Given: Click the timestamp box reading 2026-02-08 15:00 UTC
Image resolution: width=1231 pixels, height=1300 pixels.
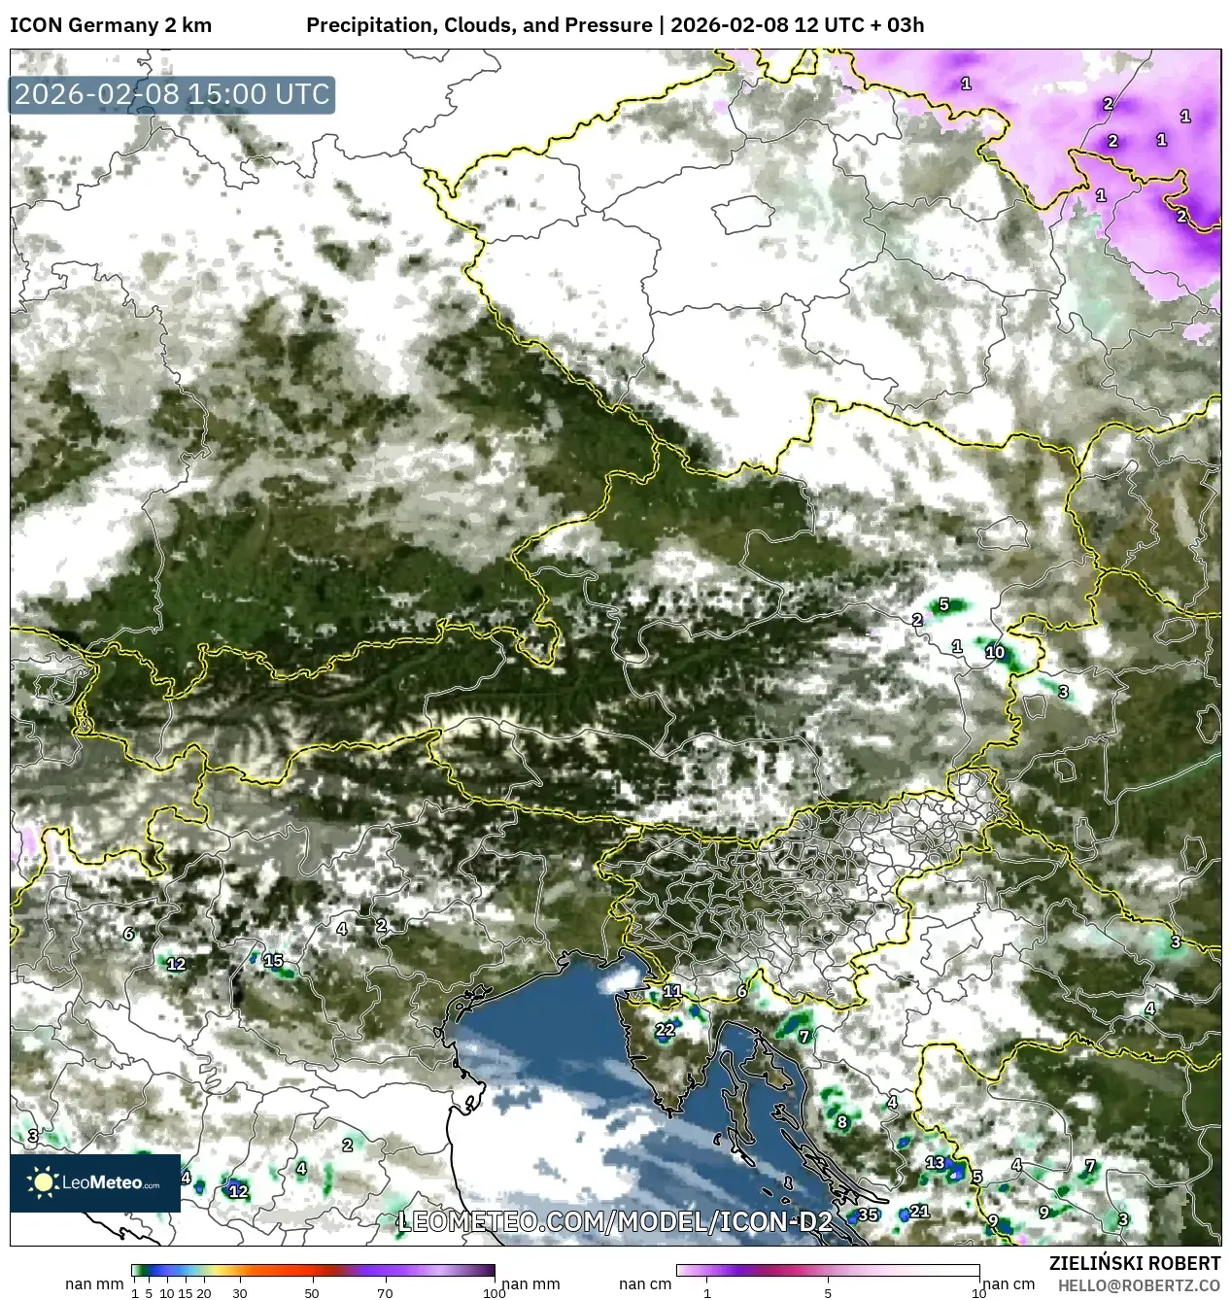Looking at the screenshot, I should pyautogui.click(x=172, y=94).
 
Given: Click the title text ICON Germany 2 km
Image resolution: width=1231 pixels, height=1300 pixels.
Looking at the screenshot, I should pyautogui.click(x=111, y=25).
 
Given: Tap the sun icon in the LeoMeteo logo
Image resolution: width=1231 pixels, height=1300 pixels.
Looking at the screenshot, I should pyautogui.click(x=44, y=1181).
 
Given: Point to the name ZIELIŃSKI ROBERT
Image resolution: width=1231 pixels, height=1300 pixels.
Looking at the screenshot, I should pyautogui.click(x=1134, y=1263).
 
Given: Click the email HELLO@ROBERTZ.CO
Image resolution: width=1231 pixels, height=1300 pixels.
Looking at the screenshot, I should pyautogui.click(x=1139, y=1285).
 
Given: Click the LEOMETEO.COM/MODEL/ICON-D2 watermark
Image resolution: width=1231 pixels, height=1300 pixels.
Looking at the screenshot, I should pyautogui.click(x=615, y=1221).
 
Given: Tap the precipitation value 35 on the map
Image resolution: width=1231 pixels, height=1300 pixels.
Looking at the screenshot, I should pyautogui.click(x=868, y=1214).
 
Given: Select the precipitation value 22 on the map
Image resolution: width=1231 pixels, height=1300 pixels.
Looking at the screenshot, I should pyautogui.click(x=665, y=1030).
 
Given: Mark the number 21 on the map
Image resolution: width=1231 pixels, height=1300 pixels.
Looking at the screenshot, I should pyautogui.click(x=919, y=1211).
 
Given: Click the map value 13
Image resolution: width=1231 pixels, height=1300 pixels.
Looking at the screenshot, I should pyautogui.click(x=935, y=1162).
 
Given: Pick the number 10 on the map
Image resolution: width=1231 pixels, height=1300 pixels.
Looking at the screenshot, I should pyautogui.click(x=995, y=652).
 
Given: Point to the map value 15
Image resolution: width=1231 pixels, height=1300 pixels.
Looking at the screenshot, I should pyautogui.click(x=273, y=960).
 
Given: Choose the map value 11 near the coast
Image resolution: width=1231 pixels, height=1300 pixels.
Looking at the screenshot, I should pyautogui.click(x=672, y=991).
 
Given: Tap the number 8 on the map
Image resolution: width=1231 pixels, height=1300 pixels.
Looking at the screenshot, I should pyautogui.click(x=841, y=1121).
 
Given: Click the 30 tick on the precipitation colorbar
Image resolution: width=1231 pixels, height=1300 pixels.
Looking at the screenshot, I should pyautogui.click(x=240, y=1292).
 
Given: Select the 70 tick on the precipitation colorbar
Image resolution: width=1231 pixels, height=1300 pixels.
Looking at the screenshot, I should pyautogui.click(x=385, y=1292).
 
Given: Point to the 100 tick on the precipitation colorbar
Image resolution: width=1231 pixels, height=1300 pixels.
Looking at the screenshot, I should pyautogui.click(x=494, y=1292).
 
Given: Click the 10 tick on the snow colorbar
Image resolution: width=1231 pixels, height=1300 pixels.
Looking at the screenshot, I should pyautogui.click(x=978, y=1292).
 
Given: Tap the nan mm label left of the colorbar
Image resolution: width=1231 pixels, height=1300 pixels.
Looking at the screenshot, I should pyautogui.click(x=94, y=1283).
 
